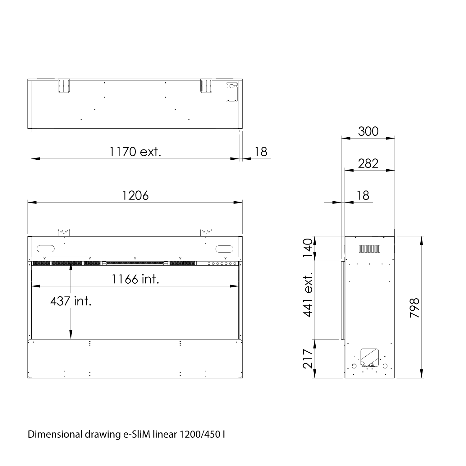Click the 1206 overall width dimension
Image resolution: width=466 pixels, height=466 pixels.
135,195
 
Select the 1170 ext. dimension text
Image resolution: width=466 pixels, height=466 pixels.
135,152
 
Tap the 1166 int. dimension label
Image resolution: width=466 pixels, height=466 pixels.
135,279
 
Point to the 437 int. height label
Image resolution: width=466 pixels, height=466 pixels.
71,301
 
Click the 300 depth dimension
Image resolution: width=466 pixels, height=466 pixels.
368,131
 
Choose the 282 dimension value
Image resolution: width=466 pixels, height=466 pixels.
368,163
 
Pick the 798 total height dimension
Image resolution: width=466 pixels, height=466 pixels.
414,308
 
